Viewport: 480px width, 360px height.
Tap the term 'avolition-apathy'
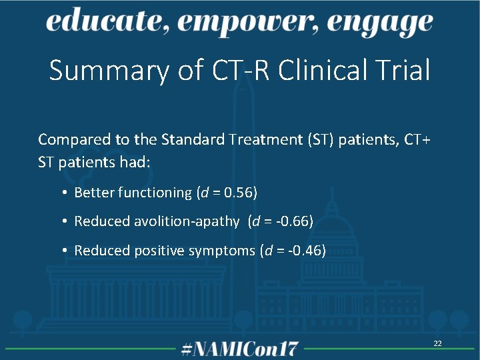point(188,221)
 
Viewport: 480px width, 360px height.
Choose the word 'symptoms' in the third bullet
point(225,251)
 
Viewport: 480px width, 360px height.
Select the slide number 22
point(438,343)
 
